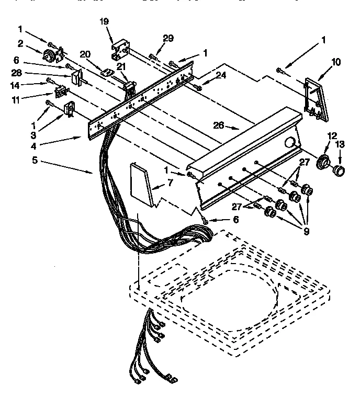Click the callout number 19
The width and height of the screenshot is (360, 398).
click(104, 21)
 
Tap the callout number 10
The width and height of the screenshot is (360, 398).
click(335, 62)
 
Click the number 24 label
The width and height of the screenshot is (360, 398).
click(221, 75)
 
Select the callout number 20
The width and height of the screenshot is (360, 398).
click(85, 54)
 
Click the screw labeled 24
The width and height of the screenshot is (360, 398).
click(197, 86)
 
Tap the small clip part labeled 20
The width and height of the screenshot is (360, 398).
click(107, 71)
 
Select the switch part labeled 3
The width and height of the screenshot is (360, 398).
click(68, 110)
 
